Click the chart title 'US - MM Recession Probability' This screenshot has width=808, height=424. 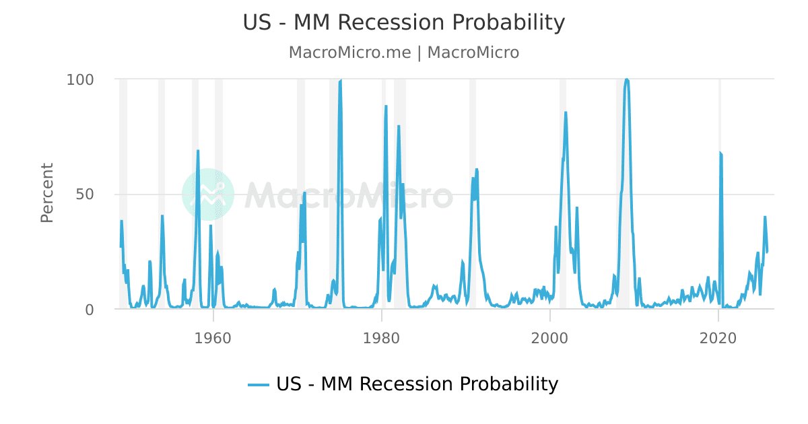[403, 23]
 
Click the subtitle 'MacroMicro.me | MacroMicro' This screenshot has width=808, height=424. [403, 52]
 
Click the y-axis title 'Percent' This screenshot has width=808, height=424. [46, 193]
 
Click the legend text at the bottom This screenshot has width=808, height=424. [417, 384]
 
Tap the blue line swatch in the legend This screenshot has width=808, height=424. [259, 385]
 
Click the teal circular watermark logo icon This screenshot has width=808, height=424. [208, 195]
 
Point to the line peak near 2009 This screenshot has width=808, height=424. [627, 79]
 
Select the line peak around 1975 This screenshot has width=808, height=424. [341, 81]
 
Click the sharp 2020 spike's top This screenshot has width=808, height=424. [720, 153]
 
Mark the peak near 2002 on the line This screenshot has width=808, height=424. [566, 112]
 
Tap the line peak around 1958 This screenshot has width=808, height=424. [198, 151]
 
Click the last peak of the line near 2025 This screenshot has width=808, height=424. [765, 217]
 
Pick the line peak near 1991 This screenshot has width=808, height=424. [476, 169]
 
